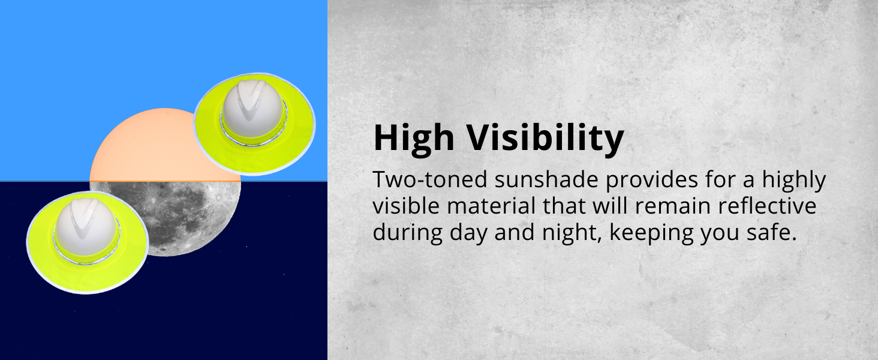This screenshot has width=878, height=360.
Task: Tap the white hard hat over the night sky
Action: click(x=85, y=225)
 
